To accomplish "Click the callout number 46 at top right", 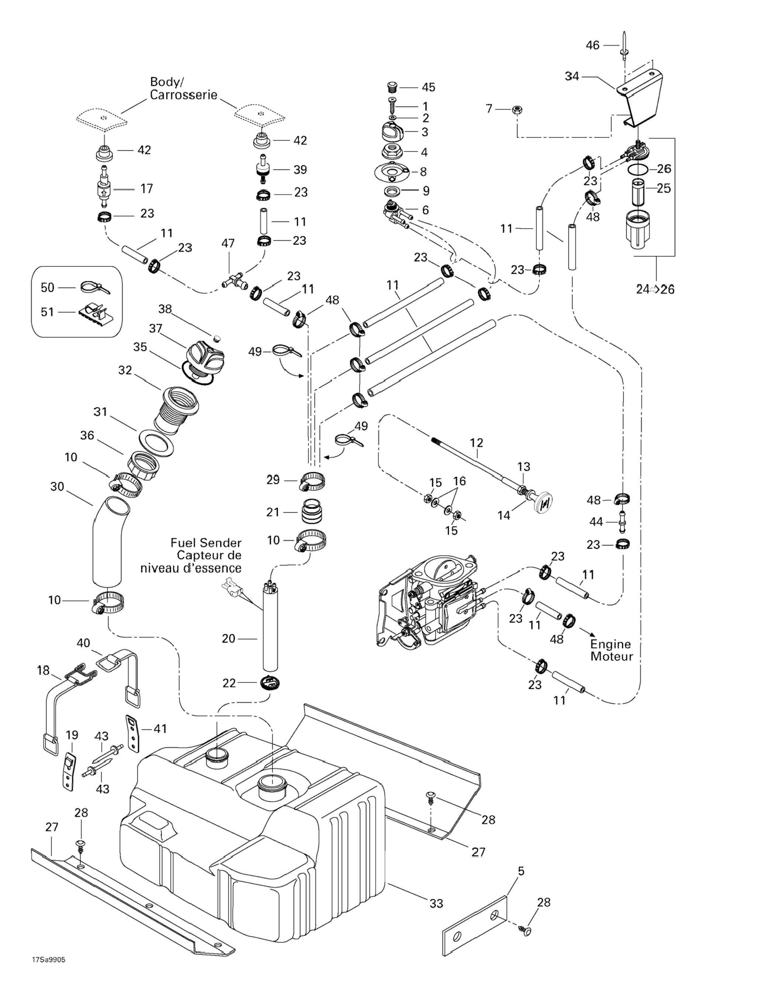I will [x=592, y=45].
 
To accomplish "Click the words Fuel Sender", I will [x=206, y=543].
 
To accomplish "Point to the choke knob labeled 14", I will [x=544, y=502].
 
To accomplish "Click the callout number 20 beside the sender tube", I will [x=228, y=638].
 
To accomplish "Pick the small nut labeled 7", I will [x=516, y=109].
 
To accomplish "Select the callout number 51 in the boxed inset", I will [x=47, y=312].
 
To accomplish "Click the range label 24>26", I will [x=655, y=289].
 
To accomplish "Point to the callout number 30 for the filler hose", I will [x=57, y=487].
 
